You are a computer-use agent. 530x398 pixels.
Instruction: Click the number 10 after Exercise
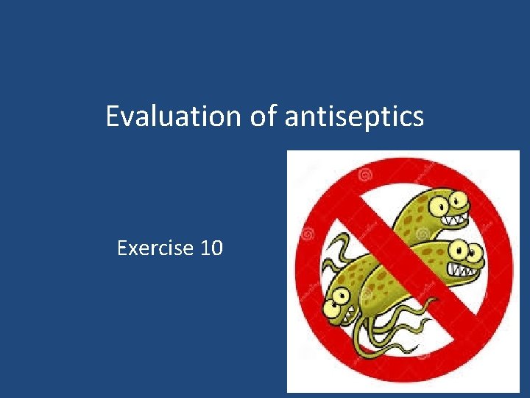(211, 248)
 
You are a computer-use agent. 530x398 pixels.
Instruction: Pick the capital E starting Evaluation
(113, 116)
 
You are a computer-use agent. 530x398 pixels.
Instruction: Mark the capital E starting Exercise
(123, 248)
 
